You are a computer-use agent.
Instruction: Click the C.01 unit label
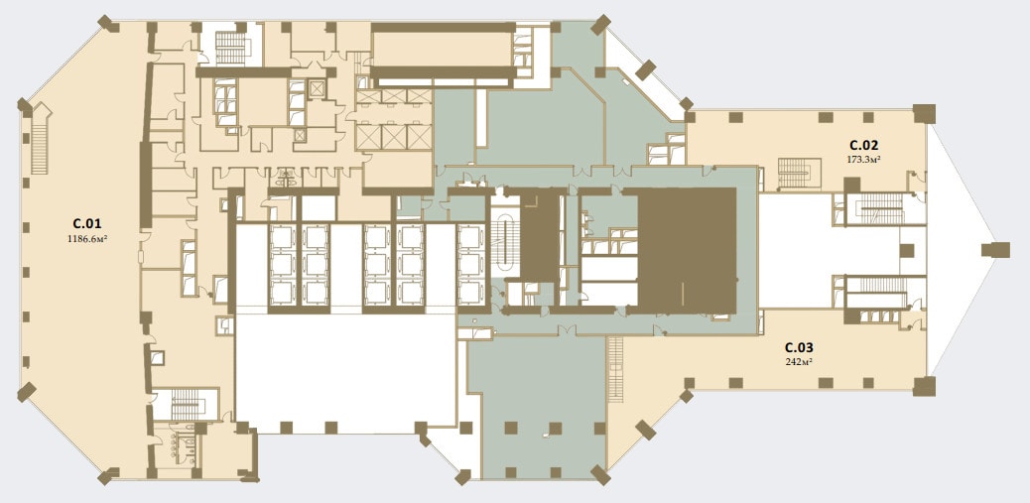point(87,222)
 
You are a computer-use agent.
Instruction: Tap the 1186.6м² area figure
point(87,240)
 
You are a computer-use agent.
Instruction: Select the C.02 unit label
point(864,145)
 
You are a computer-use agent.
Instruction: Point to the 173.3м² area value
point(864,159)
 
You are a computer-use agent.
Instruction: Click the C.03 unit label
point(801,347)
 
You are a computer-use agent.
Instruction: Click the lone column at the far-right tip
point(995,250)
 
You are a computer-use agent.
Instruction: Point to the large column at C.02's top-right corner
point(924,114)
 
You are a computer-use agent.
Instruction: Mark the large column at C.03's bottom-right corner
point(924,386)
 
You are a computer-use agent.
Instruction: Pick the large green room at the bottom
point(539,407)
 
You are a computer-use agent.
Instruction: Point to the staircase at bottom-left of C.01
point(189,404)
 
